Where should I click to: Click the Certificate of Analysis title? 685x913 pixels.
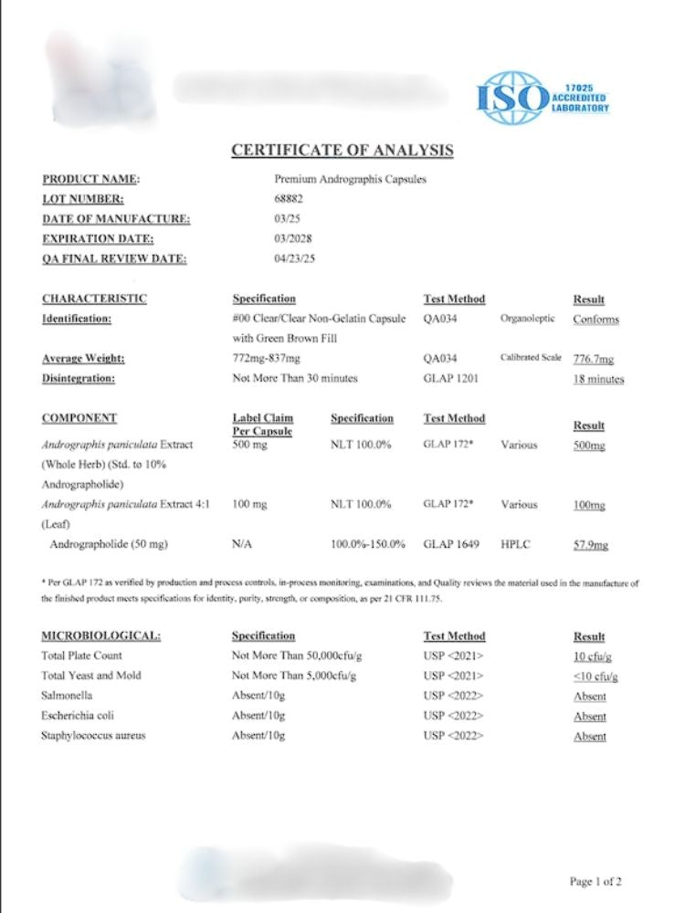tap(342, 151)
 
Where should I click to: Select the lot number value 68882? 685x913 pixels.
tap(289, 199)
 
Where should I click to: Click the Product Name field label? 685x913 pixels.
tap(91, 179)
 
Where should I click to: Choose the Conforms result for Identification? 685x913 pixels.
tap(595, 320)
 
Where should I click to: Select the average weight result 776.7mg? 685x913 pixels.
tap(594, 359)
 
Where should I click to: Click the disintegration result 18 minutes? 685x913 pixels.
tap(598, 379)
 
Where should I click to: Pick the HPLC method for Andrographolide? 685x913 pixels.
tap(515, 545)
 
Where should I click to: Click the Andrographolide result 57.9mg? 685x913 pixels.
tap(590, 546)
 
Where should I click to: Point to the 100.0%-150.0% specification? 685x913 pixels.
tap(368, 545)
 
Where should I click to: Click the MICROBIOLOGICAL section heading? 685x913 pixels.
tap(101, 635)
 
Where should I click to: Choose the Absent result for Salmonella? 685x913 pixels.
tap(590, 697)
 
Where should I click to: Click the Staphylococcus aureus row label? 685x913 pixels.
tap(94, 736)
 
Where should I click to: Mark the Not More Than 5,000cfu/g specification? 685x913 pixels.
tap(293, 676)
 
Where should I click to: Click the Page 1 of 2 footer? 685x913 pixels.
tap(595, 881)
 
